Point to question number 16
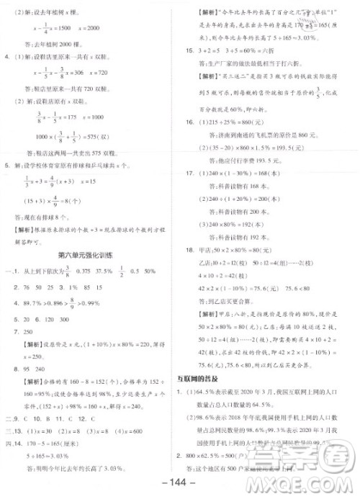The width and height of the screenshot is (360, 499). [x=191, y=123]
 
